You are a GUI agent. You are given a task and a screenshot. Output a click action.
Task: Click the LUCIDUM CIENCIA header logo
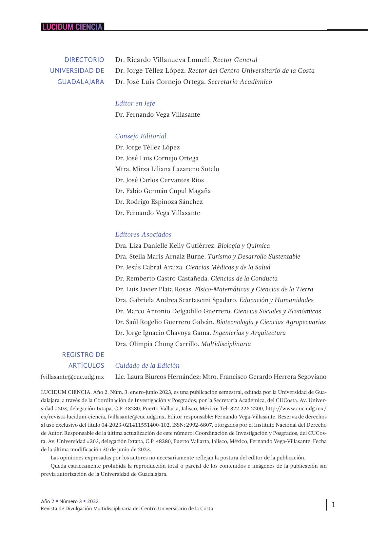point(72,27)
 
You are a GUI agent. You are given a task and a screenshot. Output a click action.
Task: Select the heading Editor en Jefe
point(135,104)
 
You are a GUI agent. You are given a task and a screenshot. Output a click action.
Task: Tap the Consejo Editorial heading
point(141,136)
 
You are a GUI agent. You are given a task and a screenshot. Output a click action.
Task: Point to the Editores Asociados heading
point(143,235)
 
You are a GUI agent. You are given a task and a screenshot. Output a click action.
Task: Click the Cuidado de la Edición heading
point(147,366)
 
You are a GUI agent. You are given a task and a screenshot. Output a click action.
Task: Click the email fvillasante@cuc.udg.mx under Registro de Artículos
point(72,377)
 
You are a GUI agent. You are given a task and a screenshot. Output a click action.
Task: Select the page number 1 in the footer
point(334,505)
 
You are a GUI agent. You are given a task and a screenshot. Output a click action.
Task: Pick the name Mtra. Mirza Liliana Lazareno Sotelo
point(167,169)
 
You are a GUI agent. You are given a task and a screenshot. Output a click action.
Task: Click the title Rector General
point(235,60)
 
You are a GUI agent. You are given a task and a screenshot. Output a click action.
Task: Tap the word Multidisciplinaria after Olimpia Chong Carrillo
point(226,344)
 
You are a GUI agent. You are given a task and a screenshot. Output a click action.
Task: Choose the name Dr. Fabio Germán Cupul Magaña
point(163,191)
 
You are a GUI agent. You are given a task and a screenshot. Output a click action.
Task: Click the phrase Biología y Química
point(243,246)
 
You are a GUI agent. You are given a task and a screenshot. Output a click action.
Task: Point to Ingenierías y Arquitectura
point(249,333)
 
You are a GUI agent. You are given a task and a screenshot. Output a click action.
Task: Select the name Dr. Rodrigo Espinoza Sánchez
point(159,202)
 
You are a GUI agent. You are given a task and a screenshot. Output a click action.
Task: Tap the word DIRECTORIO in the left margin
point(84,60)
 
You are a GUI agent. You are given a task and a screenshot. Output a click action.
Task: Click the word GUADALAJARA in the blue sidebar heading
point(81,82)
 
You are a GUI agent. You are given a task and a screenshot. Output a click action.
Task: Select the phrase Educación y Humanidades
point(276,300)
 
